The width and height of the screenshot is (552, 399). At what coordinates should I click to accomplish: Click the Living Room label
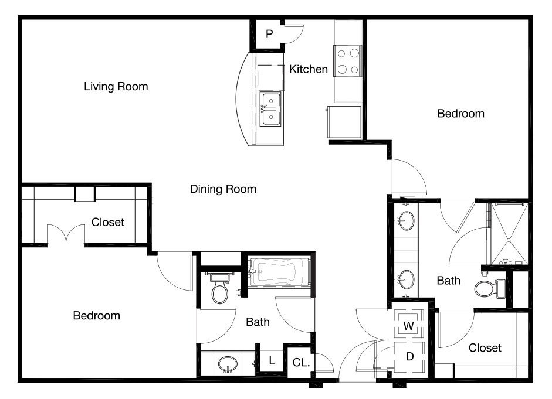coord(116,87)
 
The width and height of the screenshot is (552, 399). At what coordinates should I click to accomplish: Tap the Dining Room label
coord(223,189)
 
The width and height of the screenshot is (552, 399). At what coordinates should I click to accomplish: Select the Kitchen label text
coord(309,69)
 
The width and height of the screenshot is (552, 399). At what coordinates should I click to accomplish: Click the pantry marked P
coord(269,34)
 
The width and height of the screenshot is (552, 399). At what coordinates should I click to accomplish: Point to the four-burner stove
coord(348,61)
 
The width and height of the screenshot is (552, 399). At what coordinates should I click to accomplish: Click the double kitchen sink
coord(270,108)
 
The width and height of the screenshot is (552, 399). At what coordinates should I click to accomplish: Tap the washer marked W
coord(408,324)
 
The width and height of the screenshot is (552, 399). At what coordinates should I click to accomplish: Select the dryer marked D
coord(409,356)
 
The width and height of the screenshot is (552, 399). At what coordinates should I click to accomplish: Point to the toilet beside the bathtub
coord(220,288)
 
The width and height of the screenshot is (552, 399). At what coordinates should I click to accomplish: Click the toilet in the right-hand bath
coord(490,289)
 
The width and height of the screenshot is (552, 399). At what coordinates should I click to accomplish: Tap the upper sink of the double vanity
coord(407,220)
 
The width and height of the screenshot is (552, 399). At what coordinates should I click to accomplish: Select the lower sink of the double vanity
coord(407,279)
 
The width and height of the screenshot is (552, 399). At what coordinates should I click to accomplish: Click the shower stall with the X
coord(509,234)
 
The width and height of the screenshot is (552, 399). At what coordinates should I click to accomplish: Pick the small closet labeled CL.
coord(300,363)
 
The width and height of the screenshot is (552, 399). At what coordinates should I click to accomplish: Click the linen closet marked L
coord(272,360)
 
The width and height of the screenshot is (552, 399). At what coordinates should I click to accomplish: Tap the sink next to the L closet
coord(228,364)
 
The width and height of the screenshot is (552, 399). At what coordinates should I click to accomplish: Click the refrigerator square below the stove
coord(344,122)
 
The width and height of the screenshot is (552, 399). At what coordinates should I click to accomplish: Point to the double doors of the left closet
coord(66,233)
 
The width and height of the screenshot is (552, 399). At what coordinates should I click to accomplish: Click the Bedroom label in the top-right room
coord(461,114)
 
